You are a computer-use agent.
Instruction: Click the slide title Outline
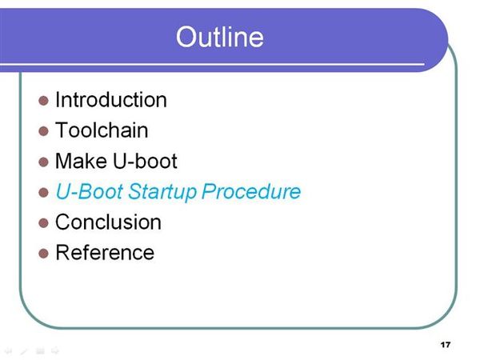219,37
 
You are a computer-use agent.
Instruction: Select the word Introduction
111,100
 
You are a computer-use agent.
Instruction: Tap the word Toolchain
102,130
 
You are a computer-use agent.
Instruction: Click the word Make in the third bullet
81,161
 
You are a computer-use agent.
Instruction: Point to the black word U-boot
145,161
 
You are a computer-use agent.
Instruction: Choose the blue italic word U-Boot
90,191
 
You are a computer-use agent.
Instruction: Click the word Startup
162,192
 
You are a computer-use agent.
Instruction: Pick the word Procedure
251,191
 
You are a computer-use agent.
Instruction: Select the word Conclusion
108,222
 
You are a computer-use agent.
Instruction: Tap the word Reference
105,252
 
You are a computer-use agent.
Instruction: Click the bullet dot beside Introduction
43,101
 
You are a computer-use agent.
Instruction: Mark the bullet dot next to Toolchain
43,131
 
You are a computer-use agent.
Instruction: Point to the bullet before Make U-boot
43,162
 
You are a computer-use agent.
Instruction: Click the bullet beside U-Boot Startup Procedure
43,193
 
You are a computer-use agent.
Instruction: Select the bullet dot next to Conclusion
43,223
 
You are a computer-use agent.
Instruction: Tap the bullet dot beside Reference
43,254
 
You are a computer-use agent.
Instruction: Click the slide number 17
446,345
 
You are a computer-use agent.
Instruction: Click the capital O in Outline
186,37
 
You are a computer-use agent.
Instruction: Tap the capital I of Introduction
58,100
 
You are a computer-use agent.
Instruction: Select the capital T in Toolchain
62,130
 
